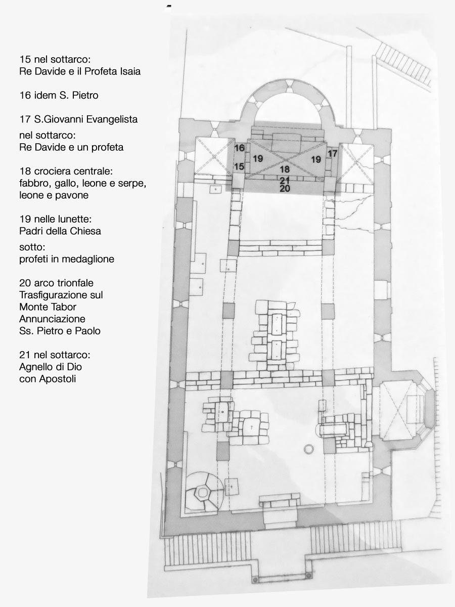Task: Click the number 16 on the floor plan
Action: pos(240,148)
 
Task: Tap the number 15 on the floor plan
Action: pos(239,166)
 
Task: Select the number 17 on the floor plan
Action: pos(332,153)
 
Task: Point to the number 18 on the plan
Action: pos(285,169)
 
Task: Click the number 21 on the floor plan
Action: pos(285,181)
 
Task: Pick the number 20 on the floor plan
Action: pos(285,189)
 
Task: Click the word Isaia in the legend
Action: pos(130,71)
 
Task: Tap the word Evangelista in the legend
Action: pos(112,119)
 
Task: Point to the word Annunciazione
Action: pos(52,319)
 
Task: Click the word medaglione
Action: pos(88,259)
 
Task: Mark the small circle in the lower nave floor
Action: pos(308,449)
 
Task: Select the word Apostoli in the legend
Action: pos(58,379)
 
